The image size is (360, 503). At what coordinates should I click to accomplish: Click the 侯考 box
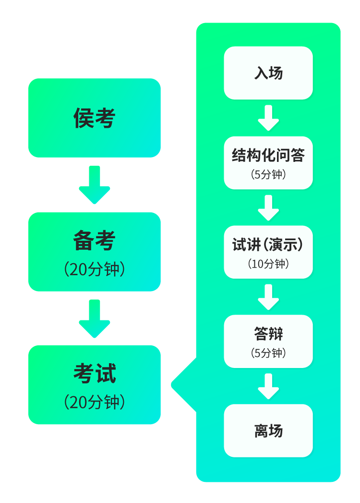point(95,118)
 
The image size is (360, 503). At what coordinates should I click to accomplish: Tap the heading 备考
point(95,241)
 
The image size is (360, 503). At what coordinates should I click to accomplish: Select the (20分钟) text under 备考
point(95,270)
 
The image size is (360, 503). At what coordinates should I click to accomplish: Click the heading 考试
point(95,373)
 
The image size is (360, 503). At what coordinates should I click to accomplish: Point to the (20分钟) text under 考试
point(95,402)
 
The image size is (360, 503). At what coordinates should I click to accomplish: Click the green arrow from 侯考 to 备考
point(95,184)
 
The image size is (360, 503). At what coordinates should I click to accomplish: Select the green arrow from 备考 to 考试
point(95,318)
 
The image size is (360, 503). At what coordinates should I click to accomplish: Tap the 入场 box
point(268,73)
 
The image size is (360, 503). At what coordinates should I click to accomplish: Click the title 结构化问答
point(268,156)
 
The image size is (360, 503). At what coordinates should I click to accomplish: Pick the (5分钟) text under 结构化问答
point(268,174)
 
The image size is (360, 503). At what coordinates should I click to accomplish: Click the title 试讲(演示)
point(268,245)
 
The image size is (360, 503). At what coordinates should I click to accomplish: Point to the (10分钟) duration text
point(268,264)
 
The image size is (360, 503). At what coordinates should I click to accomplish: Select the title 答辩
point(268,334)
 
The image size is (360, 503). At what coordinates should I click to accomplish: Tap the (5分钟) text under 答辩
point(268,353)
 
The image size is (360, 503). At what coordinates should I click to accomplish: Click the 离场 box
point(268,430)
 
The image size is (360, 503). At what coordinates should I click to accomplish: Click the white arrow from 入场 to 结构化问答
point(268,118)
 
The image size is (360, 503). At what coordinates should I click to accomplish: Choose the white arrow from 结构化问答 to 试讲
point(268,208)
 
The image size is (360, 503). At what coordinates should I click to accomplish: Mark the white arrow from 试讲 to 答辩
point(268,297)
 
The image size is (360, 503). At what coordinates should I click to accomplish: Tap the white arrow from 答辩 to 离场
point(268,386)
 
